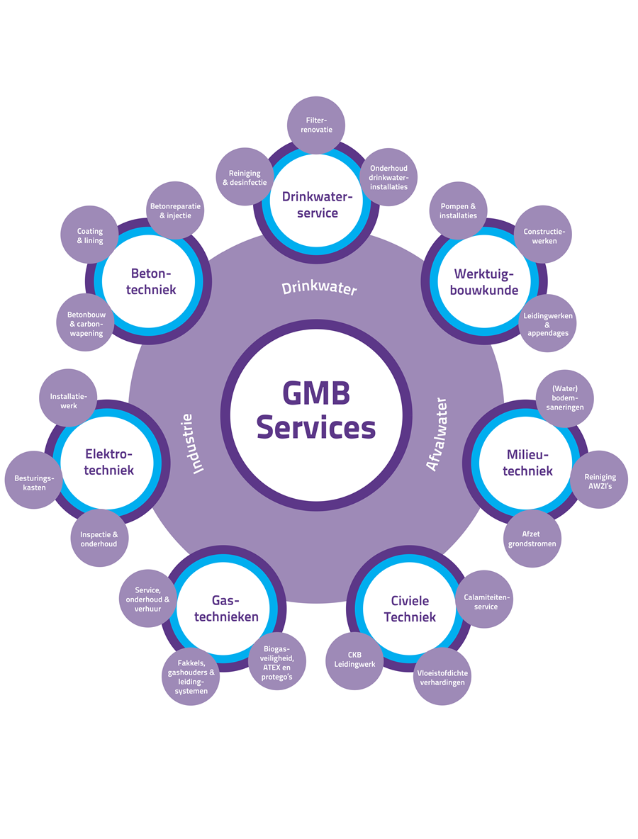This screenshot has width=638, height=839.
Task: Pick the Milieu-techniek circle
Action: (529, 462)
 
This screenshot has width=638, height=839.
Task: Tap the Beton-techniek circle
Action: (153, 281)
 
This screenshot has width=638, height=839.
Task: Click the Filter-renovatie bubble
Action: (315, 125)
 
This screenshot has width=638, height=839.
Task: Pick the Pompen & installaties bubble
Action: (458, 210)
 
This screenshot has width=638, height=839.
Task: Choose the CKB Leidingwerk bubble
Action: (354, 660)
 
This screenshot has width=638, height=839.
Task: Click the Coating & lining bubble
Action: (90, 236)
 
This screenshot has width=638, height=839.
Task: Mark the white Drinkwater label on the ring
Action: (318, 288)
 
